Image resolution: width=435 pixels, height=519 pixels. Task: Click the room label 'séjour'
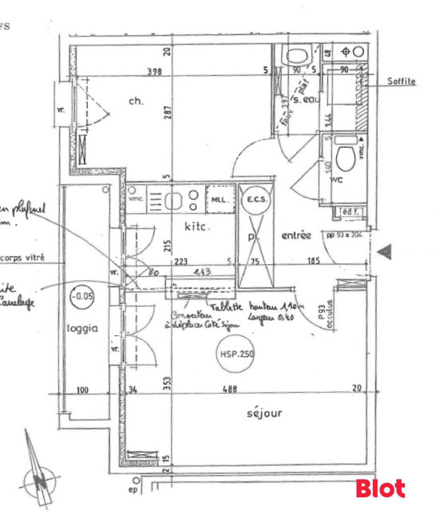(264, 413)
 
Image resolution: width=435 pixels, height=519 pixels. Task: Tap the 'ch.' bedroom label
(136, 101)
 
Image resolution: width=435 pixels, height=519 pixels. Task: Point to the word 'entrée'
(296, 235)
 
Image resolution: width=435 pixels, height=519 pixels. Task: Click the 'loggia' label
(82, 328)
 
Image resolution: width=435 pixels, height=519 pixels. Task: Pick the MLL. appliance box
(220, 199)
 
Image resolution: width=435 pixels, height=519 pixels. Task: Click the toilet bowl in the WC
(345, 159)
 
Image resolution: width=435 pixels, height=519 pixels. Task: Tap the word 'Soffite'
(401, 81)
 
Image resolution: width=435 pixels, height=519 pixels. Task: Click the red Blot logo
(380, 488)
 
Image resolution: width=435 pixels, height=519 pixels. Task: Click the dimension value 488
(229, 389)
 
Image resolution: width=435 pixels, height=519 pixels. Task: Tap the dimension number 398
(154, 71)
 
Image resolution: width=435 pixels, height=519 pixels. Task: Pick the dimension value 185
(313, 261)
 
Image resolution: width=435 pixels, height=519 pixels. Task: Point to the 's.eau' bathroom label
(306, 101)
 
